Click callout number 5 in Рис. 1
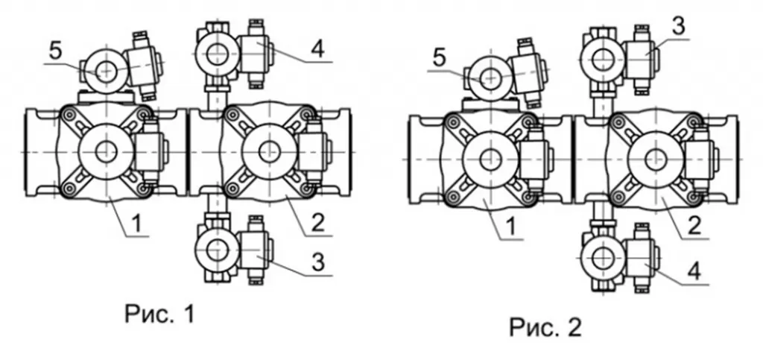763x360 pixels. (x=56, y=51)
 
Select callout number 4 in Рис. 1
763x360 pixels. (x=317, y=50)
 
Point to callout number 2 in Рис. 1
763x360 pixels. (x=317, y=224)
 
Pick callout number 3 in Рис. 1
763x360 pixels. (x=317, y=262)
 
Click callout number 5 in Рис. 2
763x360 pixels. (x=439, y=58)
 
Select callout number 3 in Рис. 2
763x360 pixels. (x=678, y=27)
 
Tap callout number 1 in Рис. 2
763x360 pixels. (x=511, y=227)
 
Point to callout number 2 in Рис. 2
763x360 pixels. (x=694, y=227)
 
